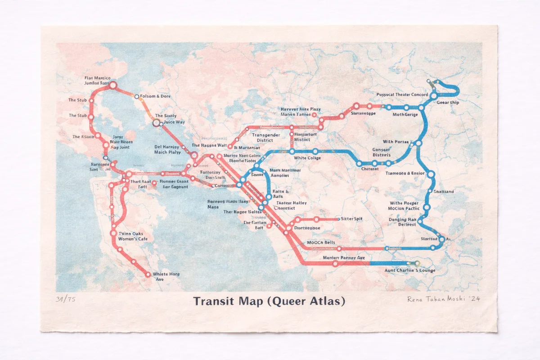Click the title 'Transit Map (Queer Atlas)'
pos(269,301)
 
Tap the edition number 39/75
pos(66,300)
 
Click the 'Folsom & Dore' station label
pos(155,96)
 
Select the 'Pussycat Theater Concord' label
pos(402,94)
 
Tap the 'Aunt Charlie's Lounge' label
pos(409,270)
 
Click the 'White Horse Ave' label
pos(166,277)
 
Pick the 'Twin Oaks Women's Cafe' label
pos(133,236)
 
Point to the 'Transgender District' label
pos(265,137)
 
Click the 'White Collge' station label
pos(307,158)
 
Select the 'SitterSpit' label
pos(351,219)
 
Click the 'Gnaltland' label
pos(444,192)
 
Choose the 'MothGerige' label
pos(405,114)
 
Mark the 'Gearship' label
pos(448,103)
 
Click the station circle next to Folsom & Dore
pos(137,96)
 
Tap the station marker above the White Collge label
pos(315,151)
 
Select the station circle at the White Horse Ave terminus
pos(148,274)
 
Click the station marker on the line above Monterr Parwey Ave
pos(335,264)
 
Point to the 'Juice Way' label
pos(174,122)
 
